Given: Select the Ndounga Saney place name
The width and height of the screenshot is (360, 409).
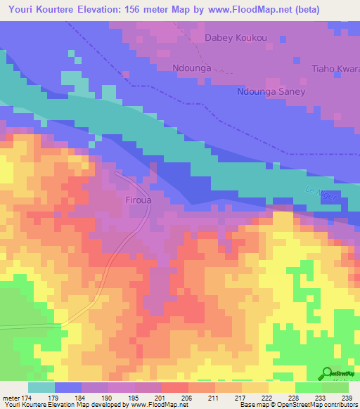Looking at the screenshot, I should pos(271,92).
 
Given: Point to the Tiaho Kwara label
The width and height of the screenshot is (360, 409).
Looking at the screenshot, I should pos(335,69).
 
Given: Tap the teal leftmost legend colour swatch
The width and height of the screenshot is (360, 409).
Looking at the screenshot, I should pos(41,387).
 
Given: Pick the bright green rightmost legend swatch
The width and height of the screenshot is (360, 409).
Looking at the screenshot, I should pos(335,387).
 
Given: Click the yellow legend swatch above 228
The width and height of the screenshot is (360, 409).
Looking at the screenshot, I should pos(281,387).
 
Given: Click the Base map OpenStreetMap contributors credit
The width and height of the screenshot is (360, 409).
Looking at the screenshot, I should pos(297,405).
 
